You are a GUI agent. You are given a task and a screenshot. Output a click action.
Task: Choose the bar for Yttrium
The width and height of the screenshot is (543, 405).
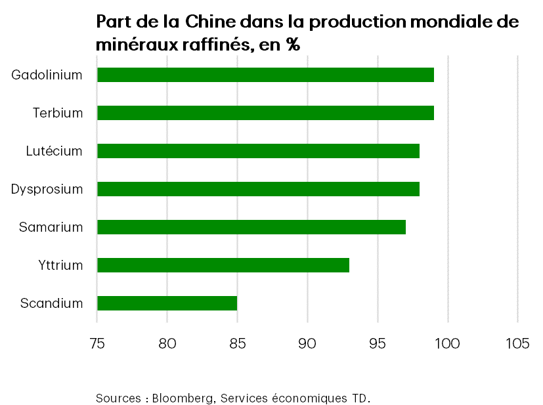point(223,265)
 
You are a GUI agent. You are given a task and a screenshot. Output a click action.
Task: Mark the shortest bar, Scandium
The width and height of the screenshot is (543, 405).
point(167,303)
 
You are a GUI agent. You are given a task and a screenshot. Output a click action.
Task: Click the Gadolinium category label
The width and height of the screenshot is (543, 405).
point(47,75)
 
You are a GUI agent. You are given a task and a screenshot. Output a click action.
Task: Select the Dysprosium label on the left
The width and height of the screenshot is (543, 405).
point(47,189)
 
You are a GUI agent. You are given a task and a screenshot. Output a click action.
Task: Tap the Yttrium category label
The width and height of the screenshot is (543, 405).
point(60,265)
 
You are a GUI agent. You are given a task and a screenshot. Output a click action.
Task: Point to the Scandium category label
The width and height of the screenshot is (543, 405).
point(52,303)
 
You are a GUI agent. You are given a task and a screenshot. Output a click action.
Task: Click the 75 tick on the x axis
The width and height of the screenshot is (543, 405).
point(97,343)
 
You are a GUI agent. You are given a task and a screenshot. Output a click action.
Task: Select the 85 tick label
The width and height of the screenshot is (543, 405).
point(237,343)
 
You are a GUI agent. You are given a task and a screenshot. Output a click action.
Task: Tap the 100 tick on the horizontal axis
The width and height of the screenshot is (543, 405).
point(448,343)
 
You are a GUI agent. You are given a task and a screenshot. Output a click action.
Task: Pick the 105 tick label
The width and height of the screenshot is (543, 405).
point(517,343)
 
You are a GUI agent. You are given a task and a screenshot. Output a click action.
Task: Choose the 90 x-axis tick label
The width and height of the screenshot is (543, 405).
point(307,343)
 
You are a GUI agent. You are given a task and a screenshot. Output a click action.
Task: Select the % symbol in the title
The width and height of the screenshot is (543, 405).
point(292,45)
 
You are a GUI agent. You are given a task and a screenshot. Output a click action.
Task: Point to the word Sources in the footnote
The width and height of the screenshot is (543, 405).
point(118,398)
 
